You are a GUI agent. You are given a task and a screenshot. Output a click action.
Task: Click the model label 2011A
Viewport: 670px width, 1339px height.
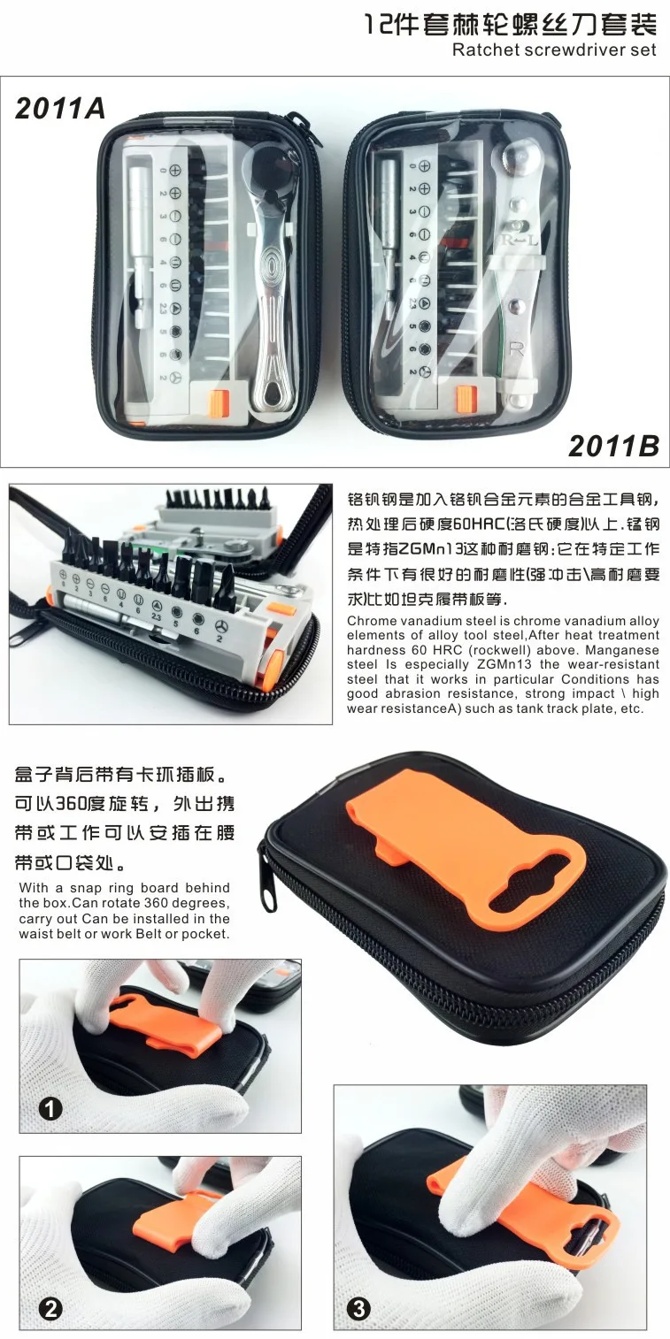coord(60,108)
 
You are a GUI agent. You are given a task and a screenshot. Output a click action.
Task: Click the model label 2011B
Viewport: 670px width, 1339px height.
coord(613,446)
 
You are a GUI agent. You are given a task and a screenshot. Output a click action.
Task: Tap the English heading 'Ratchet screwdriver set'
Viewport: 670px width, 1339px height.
coord(555,50)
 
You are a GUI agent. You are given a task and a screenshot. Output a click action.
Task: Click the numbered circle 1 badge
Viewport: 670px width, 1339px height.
coord(50,1109)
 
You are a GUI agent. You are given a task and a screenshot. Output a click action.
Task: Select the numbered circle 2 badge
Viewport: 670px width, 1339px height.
coord(50,1309)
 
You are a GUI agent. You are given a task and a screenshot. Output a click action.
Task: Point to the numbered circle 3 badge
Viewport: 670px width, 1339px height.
coord(359,1309)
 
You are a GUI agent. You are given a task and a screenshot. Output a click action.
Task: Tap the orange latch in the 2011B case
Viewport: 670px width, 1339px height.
coord(466,399)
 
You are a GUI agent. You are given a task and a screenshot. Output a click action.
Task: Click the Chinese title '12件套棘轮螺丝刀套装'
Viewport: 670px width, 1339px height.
coord(512,25)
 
